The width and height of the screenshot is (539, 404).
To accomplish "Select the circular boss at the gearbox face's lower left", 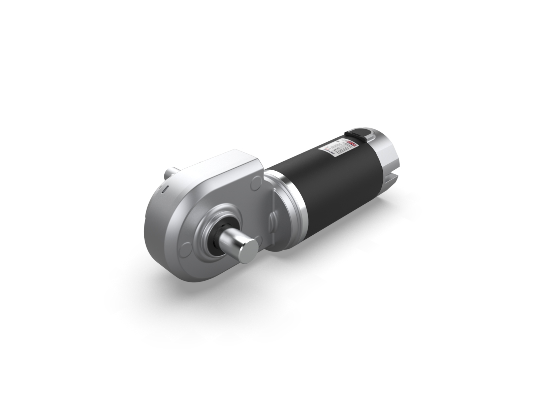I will [x=186, y=251].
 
